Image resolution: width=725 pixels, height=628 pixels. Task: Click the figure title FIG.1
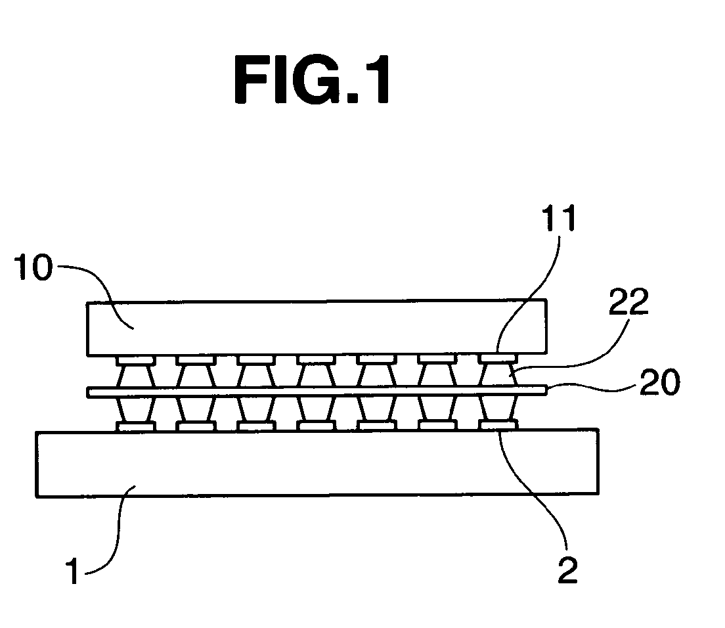[x=312, y=79]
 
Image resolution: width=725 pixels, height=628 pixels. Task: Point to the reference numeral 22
[x=628, y=302]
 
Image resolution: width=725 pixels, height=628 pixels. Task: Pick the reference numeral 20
[x=660, y=382]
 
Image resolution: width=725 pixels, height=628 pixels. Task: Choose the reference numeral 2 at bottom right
[x=568, y=570]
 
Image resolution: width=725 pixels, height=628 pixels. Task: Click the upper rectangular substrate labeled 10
[x=317, y=328]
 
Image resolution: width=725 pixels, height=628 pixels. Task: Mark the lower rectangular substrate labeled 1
[x=317, y=463]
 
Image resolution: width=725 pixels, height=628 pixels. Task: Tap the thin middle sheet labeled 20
[x=317, y=392]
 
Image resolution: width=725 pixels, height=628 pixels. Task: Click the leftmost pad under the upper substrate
[x=136, y=359]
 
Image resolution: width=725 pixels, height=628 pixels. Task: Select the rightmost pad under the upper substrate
[x=498, y=358]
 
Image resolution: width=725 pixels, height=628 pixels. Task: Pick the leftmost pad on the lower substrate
[x=136, y=426]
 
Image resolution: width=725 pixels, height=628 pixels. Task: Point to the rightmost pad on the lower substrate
[x=498, y=424]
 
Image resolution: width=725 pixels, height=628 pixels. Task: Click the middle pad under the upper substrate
[x=317, y=359]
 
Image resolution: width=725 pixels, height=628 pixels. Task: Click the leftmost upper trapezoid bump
[x=136, y=375]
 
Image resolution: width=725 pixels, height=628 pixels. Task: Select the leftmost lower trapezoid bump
[x=136, y=410]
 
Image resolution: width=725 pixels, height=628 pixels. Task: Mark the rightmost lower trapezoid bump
[x=498, y=408]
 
